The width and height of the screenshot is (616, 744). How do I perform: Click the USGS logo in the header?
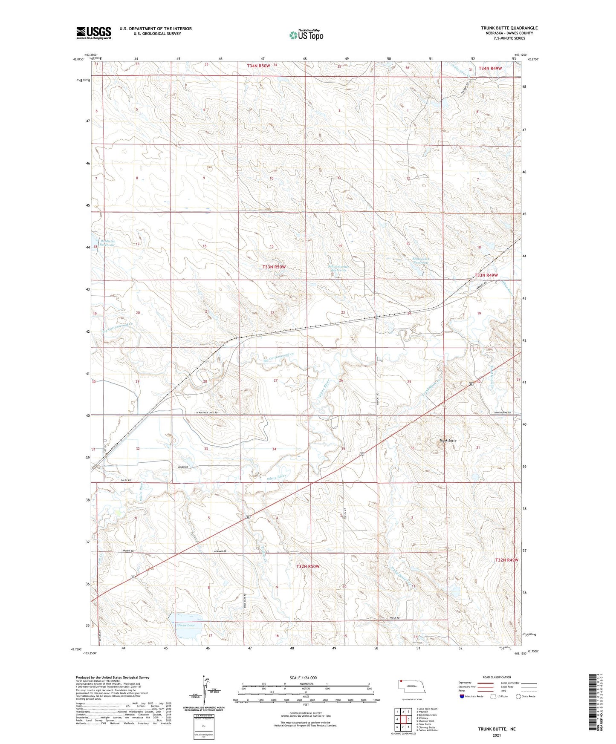[93, 33]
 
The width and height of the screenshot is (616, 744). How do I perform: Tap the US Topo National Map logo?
[306, 35]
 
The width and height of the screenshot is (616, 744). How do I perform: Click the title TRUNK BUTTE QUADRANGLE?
[509, 28]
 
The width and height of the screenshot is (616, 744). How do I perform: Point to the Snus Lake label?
[186, 625]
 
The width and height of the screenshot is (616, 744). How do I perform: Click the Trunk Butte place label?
[448, 440]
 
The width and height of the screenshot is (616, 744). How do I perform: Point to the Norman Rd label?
[220, 552]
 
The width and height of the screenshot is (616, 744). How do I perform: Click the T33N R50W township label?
[274, 267]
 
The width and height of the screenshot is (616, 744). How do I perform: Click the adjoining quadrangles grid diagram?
[402, 719]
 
